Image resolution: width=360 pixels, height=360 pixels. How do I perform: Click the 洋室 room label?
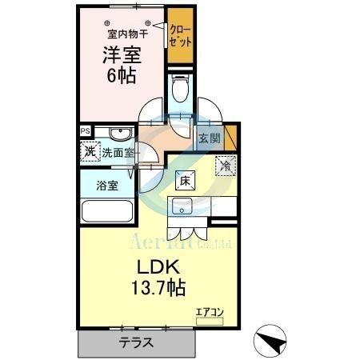(120, 56)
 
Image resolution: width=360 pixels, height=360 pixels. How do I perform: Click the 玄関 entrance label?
(209, 138)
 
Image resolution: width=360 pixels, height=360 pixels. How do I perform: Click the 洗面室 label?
(116, 151)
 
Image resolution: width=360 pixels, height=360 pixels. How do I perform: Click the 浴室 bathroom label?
(108, 186)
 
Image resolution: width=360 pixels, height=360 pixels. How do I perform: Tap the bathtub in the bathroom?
(107, 213)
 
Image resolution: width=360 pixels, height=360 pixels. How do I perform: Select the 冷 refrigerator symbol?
(226, 166)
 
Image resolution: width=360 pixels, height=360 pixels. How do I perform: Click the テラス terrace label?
(137, 342)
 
